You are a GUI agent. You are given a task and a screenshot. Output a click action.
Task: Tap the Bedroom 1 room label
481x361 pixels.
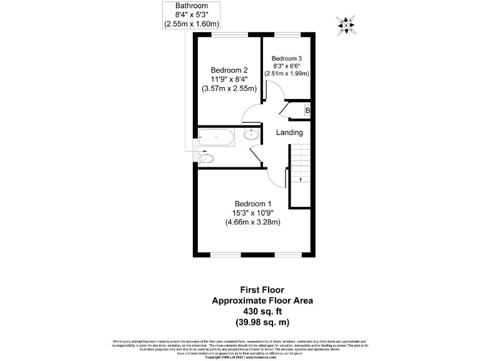(x=253, y=203)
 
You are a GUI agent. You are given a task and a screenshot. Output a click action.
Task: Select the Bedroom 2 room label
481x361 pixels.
(x=229, y=70)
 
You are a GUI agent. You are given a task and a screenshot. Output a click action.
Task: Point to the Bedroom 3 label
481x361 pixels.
(x=291, y=58)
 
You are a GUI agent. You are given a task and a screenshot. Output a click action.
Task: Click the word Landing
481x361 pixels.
(x=289, y=132)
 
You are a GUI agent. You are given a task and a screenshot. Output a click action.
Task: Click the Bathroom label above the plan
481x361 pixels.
(x=192, y=6)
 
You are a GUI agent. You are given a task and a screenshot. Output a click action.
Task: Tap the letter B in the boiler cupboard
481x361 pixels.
(x=307, y=111)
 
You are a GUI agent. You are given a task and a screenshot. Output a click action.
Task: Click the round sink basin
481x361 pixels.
(x=251, y=134)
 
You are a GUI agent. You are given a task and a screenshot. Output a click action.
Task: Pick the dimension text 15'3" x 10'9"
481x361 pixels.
(x=253, y=212)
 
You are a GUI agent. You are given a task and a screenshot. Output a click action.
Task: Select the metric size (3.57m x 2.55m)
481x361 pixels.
(x=229, y=89)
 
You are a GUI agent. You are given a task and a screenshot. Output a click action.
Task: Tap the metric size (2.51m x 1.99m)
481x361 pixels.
(x=291, y=73)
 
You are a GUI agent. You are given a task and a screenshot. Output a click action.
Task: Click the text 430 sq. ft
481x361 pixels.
(x=262, y=311)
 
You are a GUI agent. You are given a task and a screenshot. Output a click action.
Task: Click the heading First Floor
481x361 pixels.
(x=262, y=290)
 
